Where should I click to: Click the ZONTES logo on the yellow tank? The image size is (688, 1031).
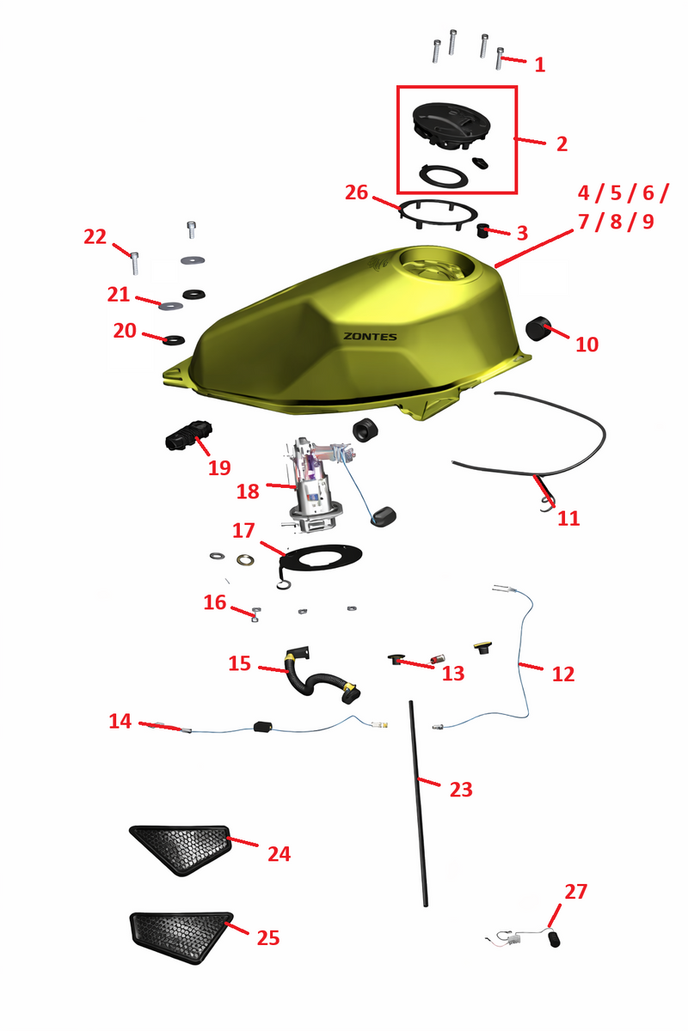pos(370,337)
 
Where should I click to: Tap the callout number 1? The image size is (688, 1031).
pos(540,65)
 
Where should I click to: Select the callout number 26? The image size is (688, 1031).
pos(357,192)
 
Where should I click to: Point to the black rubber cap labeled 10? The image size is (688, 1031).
pos(536,328)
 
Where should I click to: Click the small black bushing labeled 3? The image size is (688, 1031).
pos(483,230)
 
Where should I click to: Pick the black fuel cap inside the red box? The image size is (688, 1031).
pos(451,125)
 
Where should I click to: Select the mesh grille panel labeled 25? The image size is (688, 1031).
pos(181,937)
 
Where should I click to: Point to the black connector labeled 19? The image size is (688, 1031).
pos(189,435)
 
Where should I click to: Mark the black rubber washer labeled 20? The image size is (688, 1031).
pos(175,340)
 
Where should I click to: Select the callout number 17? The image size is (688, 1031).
pos(243,530)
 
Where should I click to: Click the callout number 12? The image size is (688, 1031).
pos(563,674)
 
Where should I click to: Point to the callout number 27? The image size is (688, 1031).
pos(576,892)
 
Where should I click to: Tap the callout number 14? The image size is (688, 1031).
pos(120,721)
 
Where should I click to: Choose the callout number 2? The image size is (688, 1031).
pos(562,144)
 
